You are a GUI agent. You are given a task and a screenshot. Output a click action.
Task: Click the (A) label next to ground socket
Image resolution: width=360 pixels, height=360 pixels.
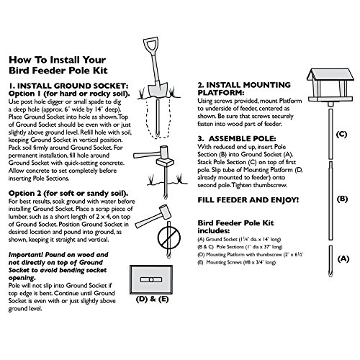342,257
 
